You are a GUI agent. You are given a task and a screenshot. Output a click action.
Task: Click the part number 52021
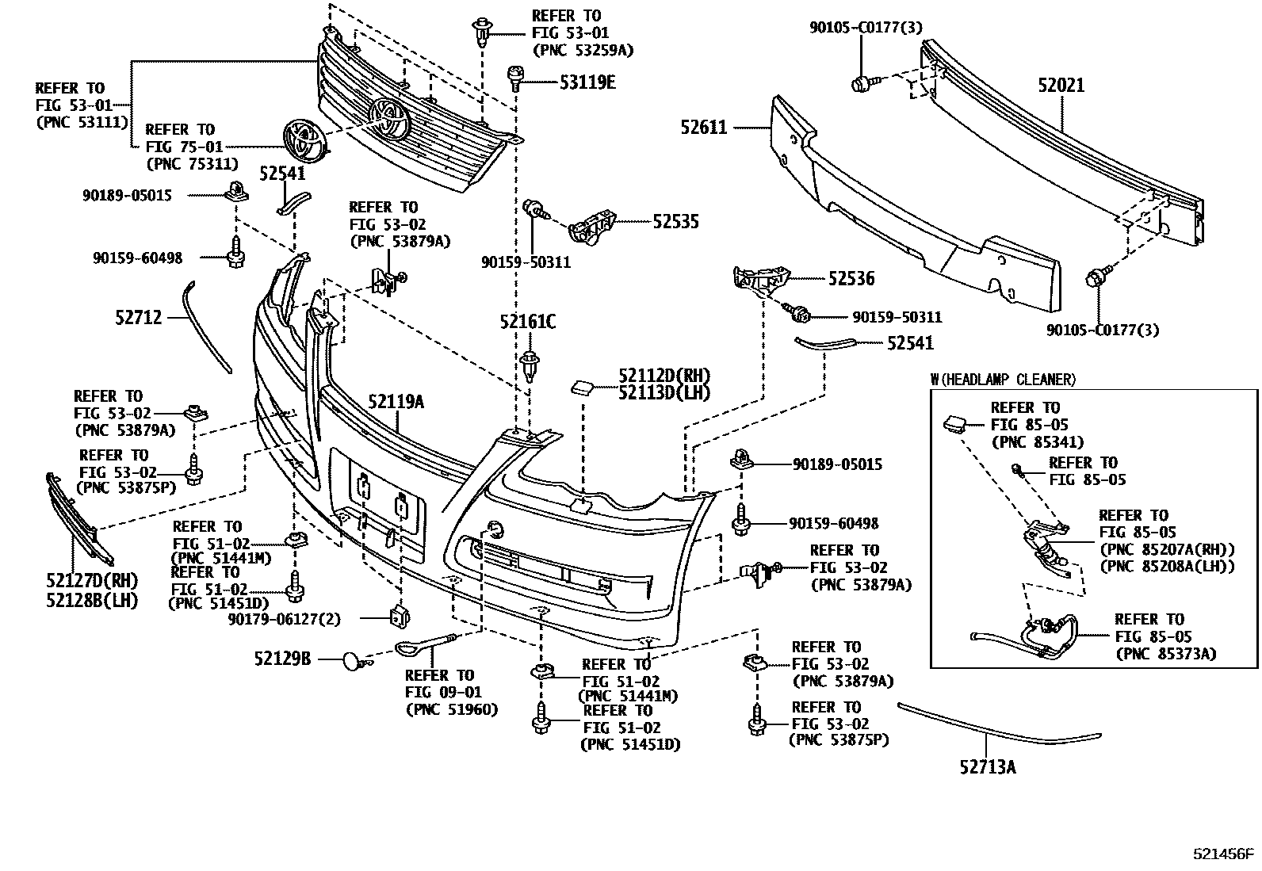point(1061,86)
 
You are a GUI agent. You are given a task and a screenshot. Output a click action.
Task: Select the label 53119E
point(587,81)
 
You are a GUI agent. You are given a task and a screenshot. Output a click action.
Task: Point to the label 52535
point(675,222)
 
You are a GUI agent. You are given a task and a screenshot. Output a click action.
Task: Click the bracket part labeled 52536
point(761,281)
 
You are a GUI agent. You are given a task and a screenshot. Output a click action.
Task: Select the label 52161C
point(527,322)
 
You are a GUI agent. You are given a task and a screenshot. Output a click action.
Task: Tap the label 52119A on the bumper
point(396,402)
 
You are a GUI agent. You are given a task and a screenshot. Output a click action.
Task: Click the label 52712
point(138,318)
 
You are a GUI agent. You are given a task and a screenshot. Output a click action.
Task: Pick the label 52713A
point(988,766)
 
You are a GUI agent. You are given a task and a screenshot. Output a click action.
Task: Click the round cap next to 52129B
point(352,659)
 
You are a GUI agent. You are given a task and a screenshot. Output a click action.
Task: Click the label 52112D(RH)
point(664,376)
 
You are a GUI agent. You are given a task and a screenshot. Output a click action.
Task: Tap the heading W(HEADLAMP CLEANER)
point(1003,380)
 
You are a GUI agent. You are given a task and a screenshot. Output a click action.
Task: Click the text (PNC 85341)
point(1037,442)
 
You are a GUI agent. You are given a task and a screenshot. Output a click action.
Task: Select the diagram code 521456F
point(1224,854)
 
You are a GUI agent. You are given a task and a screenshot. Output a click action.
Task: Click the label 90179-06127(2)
point(284,619)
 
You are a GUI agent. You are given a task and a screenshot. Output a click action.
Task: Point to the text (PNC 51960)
point(451,709)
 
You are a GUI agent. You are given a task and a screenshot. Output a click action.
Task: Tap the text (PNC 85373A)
point(1165,654)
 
